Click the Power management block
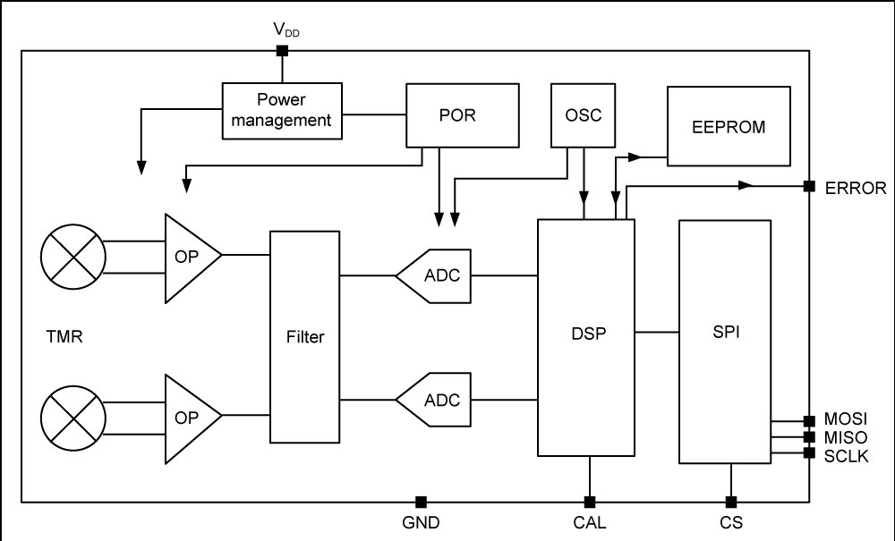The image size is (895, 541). click(x=282, y=111)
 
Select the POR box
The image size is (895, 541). click(x=463, y=115)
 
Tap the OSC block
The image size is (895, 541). click(x=583, y=115)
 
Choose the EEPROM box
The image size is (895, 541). click(x=729, y=126)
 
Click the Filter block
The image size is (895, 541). click(x=305, y=336)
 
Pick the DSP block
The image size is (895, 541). click(x=586, y=337)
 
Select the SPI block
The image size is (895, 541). click(x=725, y=342)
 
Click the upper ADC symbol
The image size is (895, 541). click(x=434, y=276)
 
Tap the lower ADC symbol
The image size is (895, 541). click(x=434, y=400)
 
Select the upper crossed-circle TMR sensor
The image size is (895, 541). click(x=73, y=257)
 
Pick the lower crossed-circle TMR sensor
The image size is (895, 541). click(x=73, y=418)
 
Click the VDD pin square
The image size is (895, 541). click(x=282, y=51)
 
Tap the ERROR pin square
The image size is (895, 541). click(x=809, y=186)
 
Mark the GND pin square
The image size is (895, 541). click(x=421, y=503)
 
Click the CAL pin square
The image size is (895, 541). click(x=590, y=503)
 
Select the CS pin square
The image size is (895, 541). click(x=730, y=503)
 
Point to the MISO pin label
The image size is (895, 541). click(x=846, y=438)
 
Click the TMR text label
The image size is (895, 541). click(x=64, y=336)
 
